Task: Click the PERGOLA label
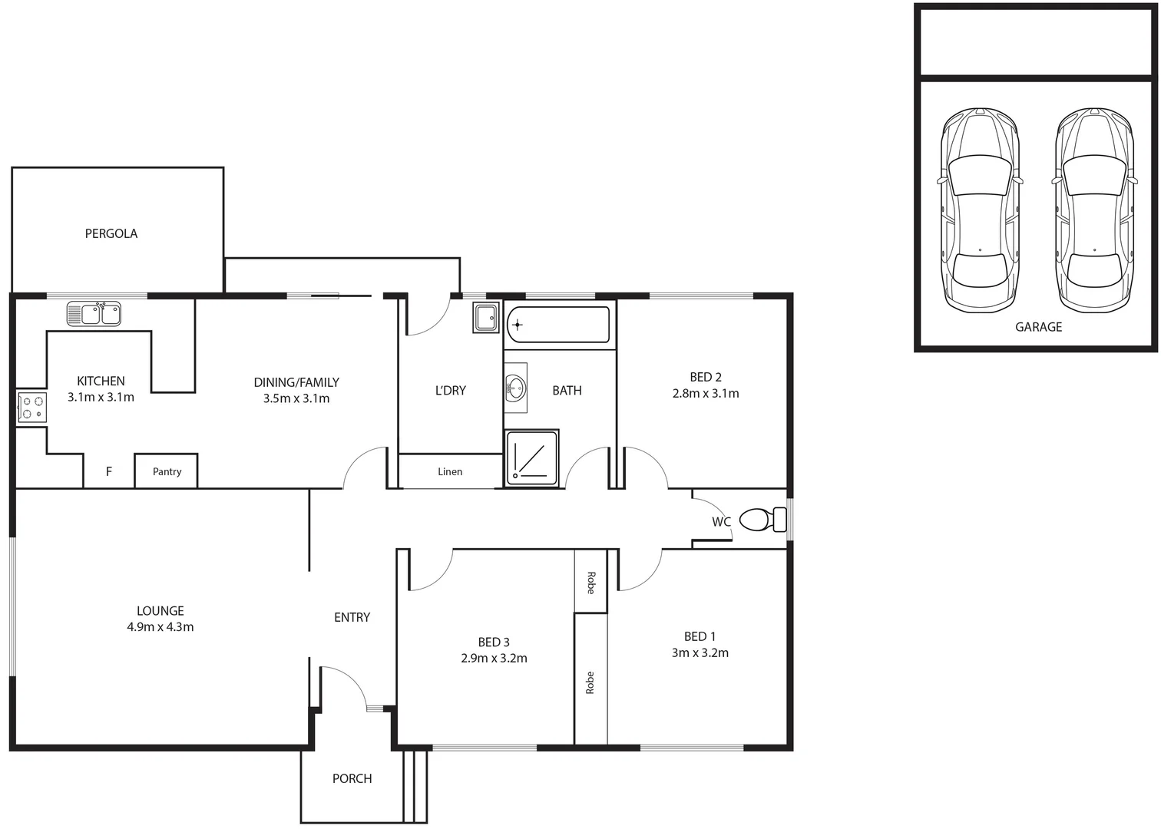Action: (111, 233)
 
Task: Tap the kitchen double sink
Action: (94, 314)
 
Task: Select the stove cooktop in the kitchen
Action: (31, 408)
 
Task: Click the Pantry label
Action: (167, 471)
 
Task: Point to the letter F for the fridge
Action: (109, 471)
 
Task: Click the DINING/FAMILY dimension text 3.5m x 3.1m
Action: (296, 398)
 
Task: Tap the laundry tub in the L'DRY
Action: (485, 318)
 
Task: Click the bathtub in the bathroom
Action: (558, 325)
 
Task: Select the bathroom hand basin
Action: (516, 388)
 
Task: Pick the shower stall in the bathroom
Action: (532, 458)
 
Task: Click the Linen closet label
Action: (450, 471)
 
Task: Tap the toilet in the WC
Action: (762, 520)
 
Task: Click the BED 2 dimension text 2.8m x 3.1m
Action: (706, 393)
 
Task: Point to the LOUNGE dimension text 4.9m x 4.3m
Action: (160, 627)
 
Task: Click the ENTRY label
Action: (352, 617)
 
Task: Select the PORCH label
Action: (352, 778)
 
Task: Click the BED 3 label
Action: (494, 642)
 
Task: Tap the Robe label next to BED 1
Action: (590, 683)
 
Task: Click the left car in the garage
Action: (980, 210)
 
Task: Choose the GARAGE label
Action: (1038, 327)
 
